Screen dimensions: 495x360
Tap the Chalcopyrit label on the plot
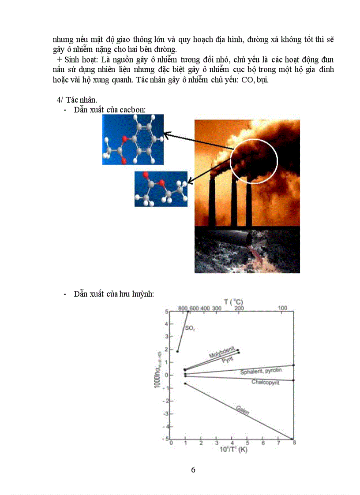[266, 382]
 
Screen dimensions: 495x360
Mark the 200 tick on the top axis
[239, 308]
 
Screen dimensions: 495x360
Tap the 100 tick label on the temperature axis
[283, 308]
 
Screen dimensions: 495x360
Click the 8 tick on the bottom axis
[294, 443]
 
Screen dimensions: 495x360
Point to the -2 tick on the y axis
[165, 401]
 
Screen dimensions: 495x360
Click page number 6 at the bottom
[193, 469]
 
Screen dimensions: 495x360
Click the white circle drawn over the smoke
[254, 161]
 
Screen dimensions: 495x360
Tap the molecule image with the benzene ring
[133, 139]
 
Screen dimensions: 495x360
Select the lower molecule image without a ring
[161, 189]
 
